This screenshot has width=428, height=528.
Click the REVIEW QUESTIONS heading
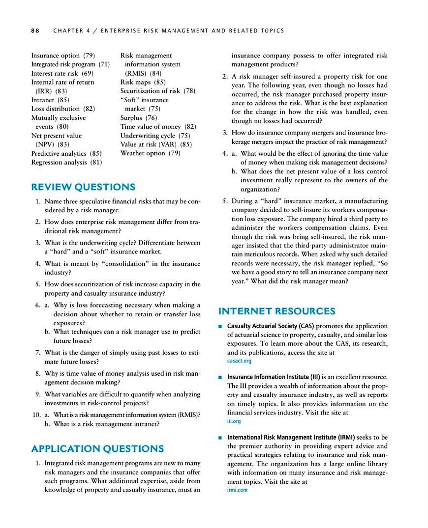[83, 187]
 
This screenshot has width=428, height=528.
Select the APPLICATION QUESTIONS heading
[97, 448]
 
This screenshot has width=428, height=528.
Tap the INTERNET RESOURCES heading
[276, 311]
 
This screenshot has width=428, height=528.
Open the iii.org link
[234, 421]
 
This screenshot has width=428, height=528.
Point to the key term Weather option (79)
[150, 153]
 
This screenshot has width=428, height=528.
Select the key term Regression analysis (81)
[66, 162]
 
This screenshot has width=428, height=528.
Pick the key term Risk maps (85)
[143, 82]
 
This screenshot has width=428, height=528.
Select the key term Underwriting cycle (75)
[155, 136]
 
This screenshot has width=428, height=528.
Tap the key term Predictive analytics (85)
[66, 153]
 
